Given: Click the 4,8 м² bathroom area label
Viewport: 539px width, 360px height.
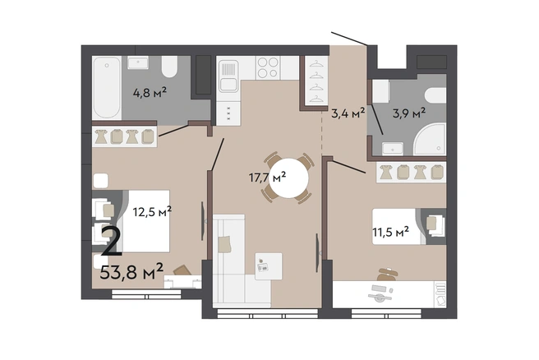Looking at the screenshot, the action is coord(150,93).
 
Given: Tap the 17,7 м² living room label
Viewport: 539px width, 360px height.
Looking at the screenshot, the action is coord(267,178).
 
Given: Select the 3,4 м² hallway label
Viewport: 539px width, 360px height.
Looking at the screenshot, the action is coord(348,113).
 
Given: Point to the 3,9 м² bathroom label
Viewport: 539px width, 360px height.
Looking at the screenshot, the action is coord(409,113).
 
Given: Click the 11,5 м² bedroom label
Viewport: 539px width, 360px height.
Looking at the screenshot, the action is coord(391,232).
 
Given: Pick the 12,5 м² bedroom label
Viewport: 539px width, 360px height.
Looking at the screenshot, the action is coord(152,212).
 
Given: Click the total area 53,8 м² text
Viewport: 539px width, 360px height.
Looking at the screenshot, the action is coord(131,272).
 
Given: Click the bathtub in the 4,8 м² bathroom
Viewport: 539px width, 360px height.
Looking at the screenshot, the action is coord(108,88).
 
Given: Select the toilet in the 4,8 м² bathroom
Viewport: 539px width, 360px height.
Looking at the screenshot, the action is coord(169,67).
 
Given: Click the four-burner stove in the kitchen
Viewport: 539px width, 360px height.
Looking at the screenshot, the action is coord(268,67).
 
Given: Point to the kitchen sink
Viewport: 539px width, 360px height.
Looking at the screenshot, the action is coord(228,76).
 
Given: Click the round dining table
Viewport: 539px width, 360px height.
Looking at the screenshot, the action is coord(288,178).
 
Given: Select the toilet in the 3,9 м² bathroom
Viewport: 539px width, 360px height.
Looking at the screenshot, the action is coord(435,95).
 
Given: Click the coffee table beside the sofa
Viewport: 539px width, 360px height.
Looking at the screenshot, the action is coord(269,266).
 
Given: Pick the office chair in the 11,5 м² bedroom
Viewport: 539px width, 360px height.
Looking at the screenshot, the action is coord(387,275).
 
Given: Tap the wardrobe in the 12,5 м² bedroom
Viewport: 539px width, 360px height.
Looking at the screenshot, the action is coord(125,136).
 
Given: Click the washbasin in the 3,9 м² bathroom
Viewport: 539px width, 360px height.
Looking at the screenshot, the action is coord(393,149).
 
